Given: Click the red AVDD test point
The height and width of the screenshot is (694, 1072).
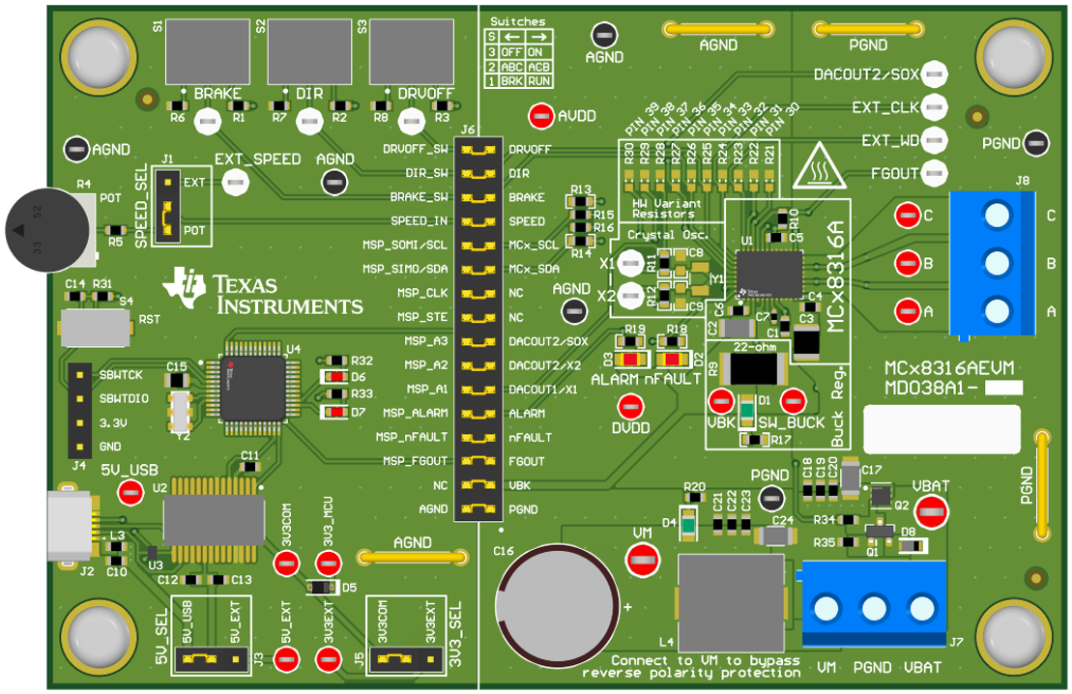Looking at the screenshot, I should [x=541, y=116].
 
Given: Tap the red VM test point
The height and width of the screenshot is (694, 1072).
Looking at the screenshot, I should [x=642, y=558].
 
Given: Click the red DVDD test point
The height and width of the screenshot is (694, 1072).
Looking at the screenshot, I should [x=630, y=407].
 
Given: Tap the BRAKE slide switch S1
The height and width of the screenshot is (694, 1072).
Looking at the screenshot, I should [x=204, y=53].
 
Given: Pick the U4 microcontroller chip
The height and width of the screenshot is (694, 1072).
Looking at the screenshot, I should [x=252, y=383].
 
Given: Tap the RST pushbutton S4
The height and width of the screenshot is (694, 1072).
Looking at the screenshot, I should [x=95, y=327].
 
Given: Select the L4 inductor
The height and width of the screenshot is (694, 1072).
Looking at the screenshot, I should [x=731, y=601].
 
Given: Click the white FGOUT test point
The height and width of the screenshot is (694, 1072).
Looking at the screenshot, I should [x=933, y=173].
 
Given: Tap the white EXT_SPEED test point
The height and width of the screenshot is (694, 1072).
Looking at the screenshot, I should [x=232, y=181].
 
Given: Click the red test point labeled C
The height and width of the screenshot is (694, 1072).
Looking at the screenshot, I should [x=907, y=215].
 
